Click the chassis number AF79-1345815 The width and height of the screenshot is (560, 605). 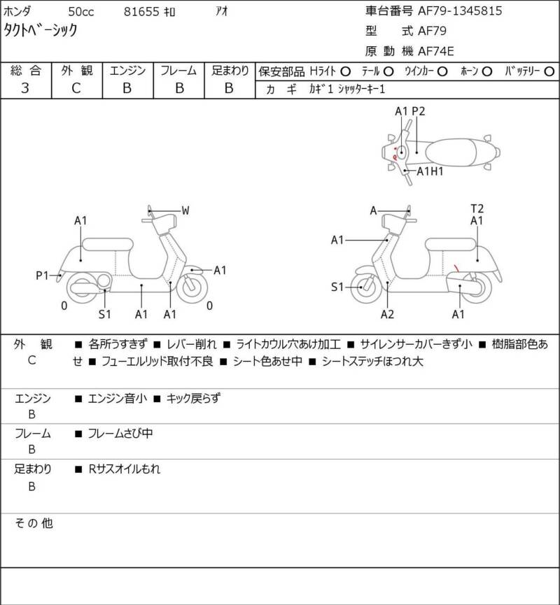click(x=460, y=10)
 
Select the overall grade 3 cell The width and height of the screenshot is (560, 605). click(x=25, y=88)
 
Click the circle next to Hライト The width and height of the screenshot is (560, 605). click(x=345, y=71)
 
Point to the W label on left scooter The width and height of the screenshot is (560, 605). click(x=185, y=211)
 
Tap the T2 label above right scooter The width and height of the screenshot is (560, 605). click(x=477, y=208)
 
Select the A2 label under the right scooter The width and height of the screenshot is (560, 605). click(x=387, y=314)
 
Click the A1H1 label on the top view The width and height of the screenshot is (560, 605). click(x=430, y=171)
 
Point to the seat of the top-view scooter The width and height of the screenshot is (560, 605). click(x=454, y=149)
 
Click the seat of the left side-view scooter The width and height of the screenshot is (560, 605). click(x=106, y=244)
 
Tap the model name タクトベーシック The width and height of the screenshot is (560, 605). click(x=41, y=29)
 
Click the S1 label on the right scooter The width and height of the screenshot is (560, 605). click(x=337, y=286)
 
